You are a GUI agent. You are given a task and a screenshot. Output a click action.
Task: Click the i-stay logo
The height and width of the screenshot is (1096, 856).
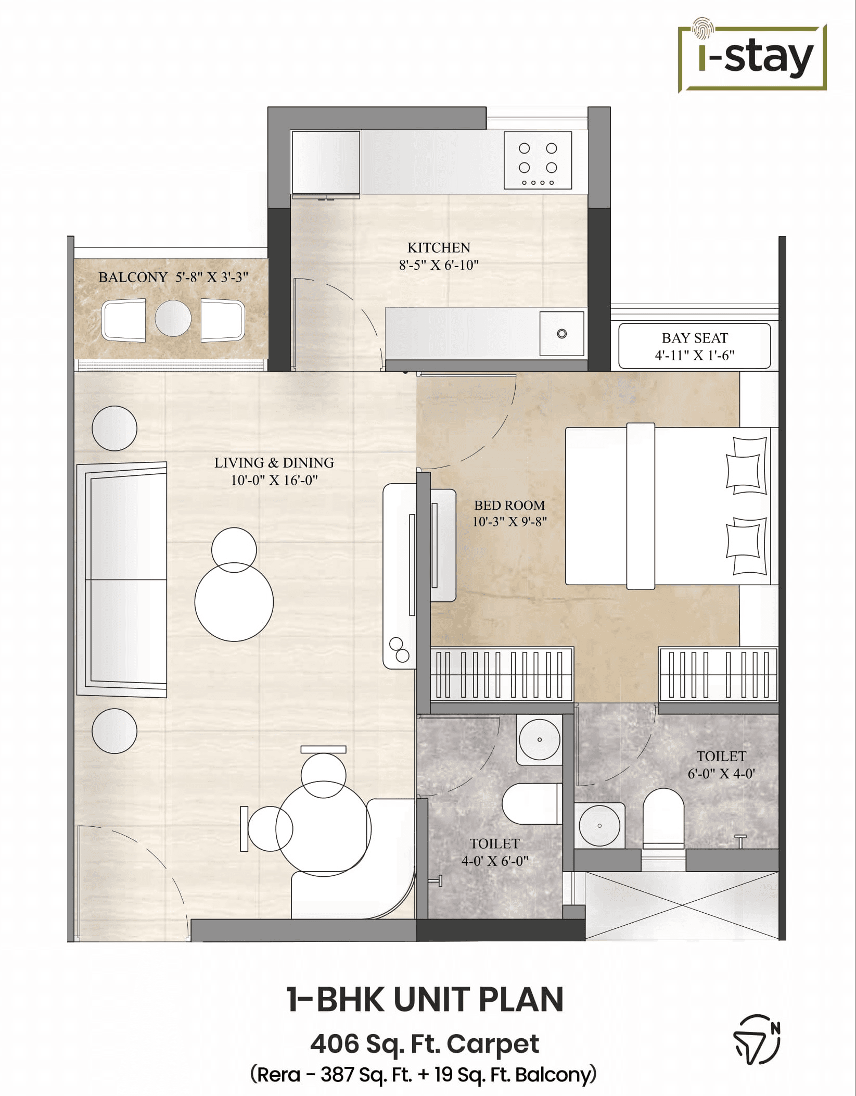tap(752, 58)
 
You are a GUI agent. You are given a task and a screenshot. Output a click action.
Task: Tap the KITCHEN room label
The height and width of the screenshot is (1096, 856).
tap(438, 247)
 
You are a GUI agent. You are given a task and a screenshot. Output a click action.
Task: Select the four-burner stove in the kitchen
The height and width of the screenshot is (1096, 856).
tap(538, 160)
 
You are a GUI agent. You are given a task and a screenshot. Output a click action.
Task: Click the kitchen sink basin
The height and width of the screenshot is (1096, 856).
tap(561, 334)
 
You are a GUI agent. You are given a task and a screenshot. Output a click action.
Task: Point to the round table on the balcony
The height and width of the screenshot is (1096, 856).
tap(173, 318)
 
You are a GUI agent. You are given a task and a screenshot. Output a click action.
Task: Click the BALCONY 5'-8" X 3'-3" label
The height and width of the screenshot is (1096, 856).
tap(173, 277)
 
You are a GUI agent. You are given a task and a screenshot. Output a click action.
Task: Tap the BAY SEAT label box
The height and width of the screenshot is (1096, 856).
tap(694, 346)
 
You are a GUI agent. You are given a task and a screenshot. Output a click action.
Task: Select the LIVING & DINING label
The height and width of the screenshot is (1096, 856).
tap(274, 462)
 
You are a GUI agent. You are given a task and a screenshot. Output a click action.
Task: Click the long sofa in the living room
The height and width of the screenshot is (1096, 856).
tap(123, 579)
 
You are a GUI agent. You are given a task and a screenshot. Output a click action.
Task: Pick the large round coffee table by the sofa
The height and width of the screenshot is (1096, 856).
tap(234, 602)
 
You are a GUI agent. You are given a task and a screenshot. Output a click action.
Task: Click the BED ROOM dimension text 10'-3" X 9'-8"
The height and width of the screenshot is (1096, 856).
tap(509, 522)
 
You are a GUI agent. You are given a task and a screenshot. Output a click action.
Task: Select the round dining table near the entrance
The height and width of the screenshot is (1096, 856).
tap(323, 828)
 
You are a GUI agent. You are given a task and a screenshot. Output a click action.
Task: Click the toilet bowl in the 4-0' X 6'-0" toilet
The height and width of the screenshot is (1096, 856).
tap(531, 803)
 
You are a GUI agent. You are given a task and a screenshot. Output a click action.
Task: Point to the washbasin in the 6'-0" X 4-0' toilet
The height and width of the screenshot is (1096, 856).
tap(599, 826)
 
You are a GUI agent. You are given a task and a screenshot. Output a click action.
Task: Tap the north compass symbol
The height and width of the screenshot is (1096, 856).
tap(757, 1039)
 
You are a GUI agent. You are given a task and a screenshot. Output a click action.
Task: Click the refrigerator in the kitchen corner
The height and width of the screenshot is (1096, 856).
tap(326, 162)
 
